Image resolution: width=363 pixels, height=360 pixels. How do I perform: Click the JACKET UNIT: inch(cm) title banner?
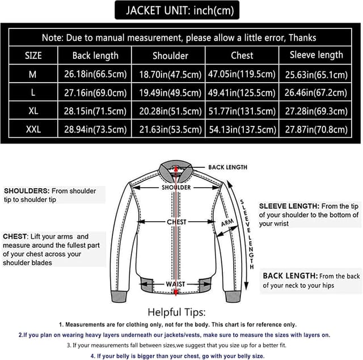(175, 10)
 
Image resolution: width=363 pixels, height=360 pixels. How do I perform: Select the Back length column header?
(95, 56)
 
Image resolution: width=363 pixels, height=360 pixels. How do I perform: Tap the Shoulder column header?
(170, 56)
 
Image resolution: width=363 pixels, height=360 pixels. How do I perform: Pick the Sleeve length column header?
(316, 55)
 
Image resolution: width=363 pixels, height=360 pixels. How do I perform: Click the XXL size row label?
(33, 129)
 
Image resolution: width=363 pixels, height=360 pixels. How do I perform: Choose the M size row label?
(33, 74)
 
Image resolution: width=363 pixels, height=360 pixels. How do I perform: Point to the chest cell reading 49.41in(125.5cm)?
(242, 92)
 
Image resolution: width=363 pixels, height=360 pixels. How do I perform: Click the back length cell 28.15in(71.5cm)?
(95, 111)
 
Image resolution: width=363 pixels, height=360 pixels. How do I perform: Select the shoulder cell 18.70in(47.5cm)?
(168, 74)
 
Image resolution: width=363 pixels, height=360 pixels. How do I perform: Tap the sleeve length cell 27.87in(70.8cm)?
(316, 129)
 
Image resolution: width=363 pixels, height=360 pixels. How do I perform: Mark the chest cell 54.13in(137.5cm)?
(242, 129)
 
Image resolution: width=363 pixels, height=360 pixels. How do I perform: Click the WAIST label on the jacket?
(176, 284)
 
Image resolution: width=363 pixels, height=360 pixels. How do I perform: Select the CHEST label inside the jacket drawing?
(176, 222)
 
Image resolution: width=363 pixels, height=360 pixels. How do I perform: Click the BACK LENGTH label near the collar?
(227, 167)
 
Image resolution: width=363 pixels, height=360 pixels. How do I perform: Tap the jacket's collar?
(176, 168)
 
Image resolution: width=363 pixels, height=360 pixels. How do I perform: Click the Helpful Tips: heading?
(176, 312)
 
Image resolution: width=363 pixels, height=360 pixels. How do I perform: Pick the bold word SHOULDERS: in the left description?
(27, 191)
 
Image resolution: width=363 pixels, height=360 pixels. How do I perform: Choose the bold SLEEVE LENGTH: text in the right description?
(289, 206)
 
